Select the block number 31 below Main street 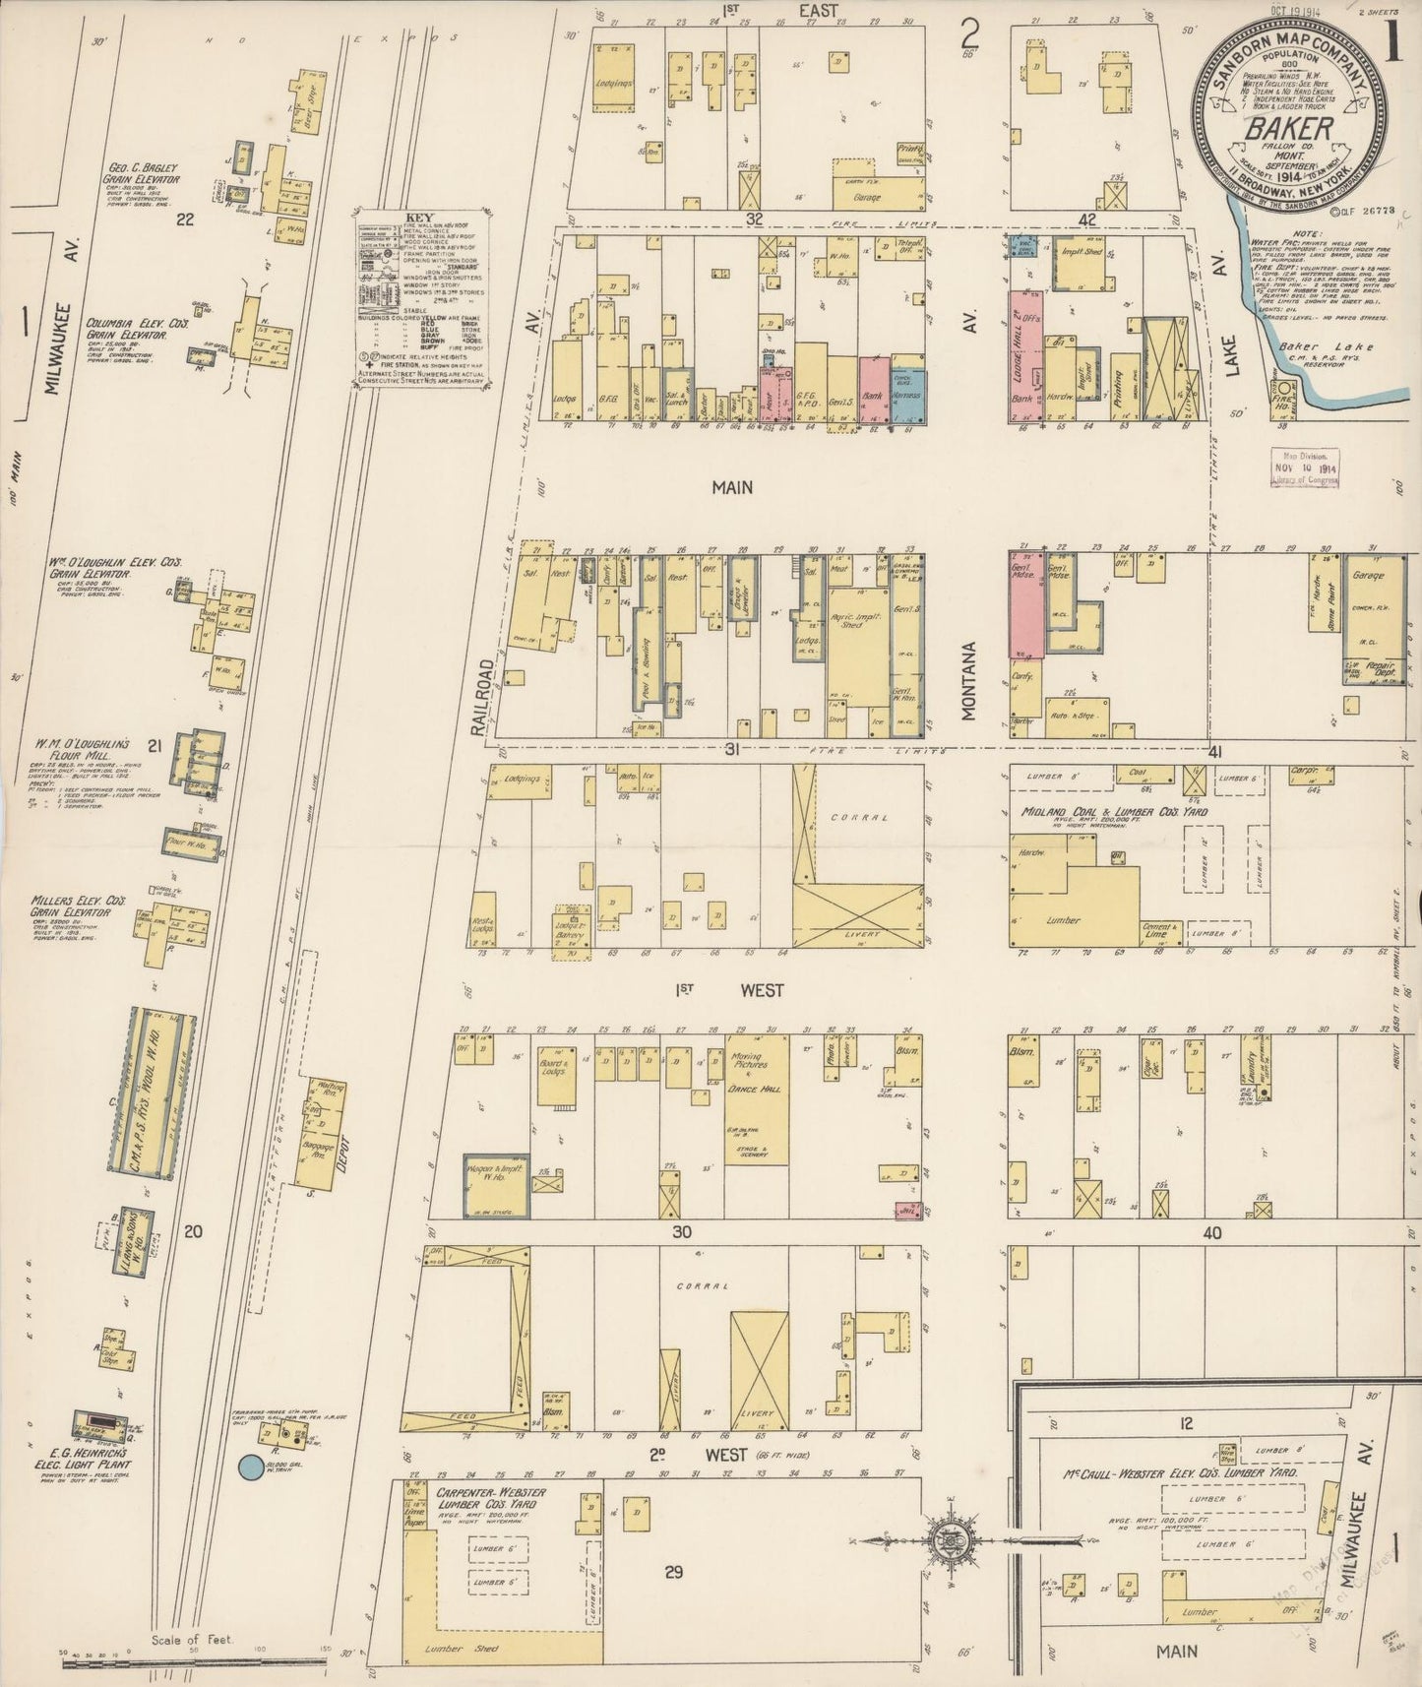click(731, 749)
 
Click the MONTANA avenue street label click(969, 681)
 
